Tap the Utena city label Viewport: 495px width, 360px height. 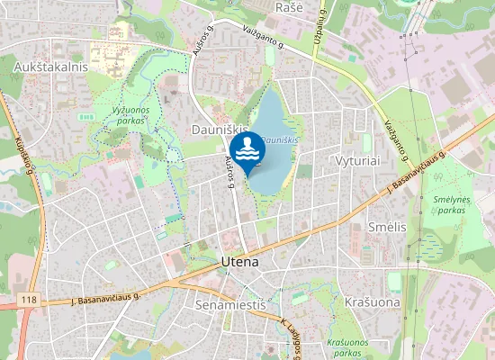pyautogui.click(x=239, y=262)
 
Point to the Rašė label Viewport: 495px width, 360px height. pyautogui.click(x=288, y=7)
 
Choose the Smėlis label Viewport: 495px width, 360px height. pyautogui.click(x=388, y=227)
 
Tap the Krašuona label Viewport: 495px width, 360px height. pyautogui.click(x=372, y=301)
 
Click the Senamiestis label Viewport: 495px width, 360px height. pyautogui.click(x=230, y=305)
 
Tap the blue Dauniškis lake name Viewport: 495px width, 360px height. pyautogui.click(x=280, y=141)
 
